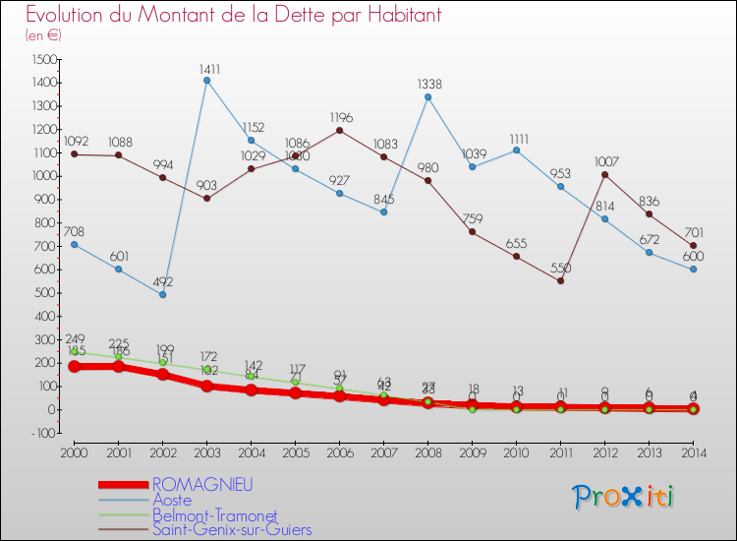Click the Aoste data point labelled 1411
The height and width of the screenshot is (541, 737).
(x=207, y=81)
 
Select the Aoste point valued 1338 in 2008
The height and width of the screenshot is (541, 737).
(x=428, y=96)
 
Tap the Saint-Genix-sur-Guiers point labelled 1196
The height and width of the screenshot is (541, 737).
(x=340, y=130)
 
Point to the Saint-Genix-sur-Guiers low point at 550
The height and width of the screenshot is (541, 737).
(x=561, y=280)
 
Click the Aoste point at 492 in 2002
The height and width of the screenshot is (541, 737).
(x=163, y=294)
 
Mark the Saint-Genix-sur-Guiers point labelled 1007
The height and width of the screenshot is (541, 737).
(x=605, y=174)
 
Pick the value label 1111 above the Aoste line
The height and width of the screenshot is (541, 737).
(x=517, y=139)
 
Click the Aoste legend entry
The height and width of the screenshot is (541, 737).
(x=172, y=500)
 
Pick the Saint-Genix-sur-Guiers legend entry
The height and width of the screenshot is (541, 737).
(x=232, y=529)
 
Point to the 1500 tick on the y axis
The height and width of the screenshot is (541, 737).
(x=43, y=59)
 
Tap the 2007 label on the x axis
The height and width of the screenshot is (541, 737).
(x=384, y=451)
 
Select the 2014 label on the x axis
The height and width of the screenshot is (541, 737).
(x=694, y=451)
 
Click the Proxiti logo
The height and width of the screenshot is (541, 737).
(x=625, y=497)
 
